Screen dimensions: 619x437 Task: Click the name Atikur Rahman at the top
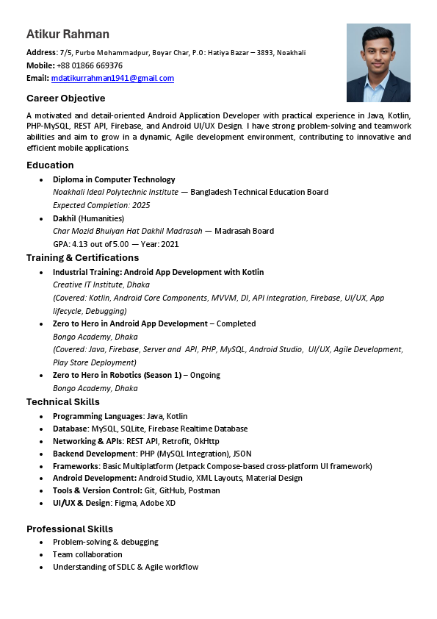[68, 35]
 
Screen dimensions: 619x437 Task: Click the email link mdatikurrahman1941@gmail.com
[112, 78]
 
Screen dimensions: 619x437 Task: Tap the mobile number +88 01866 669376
[90, 65]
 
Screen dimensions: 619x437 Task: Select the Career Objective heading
[66, 99]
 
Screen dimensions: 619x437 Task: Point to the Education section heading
[50, 165]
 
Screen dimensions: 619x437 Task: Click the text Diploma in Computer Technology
[114, 179]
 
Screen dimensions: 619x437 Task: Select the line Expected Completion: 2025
[101, 205]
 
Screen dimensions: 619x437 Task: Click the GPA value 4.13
[79, 244]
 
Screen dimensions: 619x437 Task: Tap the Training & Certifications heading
[82, 258]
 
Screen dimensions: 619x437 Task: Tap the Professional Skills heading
[70, 529]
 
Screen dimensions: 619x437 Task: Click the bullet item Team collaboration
[87, 554]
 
